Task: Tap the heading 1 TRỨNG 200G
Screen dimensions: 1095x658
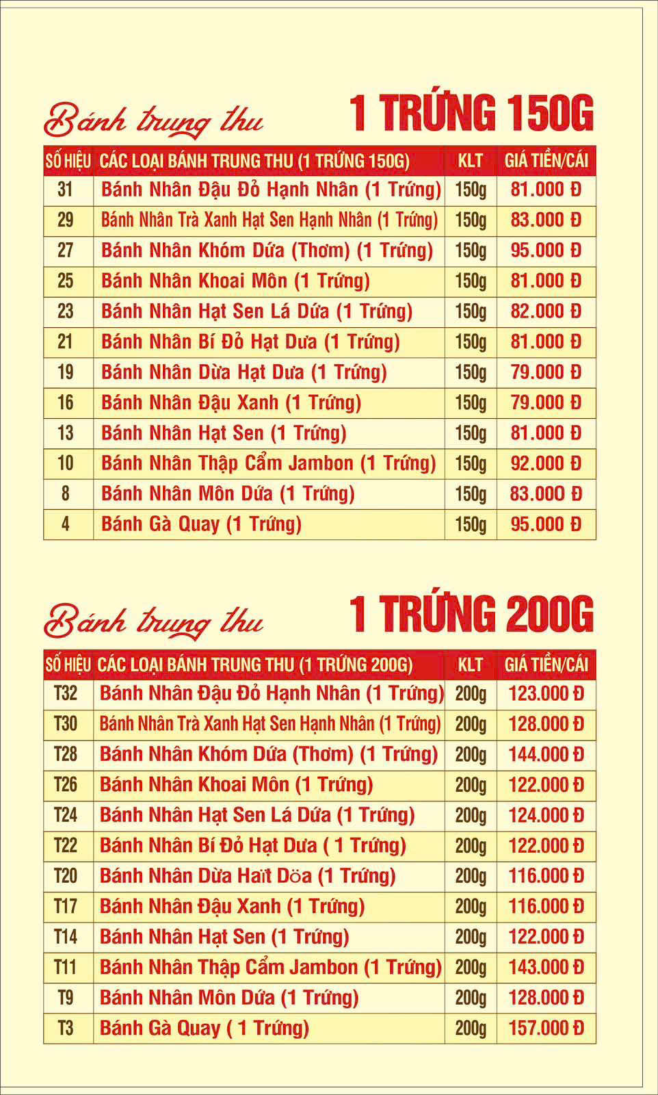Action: [471, 614]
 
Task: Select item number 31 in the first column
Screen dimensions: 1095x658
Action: [66, 189]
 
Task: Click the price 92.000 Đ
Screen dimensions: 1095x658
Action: [546, 463]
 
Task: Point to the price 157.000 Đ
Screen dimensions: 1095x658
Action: [546, 1028]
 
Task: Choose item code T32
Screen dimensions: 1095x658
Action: [66, 693]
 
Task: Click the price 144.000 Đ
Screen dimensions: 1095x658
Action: [546, 754]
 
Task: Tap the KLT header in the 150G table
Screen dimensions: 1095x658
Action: [470, 161]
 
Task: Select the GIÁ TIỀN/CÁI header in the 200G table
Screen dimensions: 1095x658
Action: [546, 665]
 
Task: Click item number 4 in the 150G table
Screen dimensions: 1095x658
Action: [66, 524]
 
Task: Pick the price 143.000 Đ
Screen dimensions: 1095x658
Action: [546, 967]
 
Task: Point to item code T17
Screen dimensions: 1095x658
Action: [66, 906]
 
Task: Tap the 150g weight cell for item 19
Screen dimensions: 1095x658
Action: [470, 372]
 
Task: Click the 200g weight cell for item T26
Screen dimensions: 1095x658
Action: [470, 784]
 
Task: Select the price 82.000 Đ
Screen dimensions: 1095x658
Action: [546, 311]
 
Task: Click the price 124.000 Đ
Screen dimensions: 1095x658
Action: [546, 815]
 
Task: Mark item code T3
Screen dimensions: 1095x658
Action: [66, 1028]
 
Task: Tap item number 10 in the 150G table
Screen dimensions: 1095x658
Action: [66, 463]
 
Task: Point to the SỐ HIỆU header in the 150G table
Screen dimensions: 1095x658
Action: [68, 161]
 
